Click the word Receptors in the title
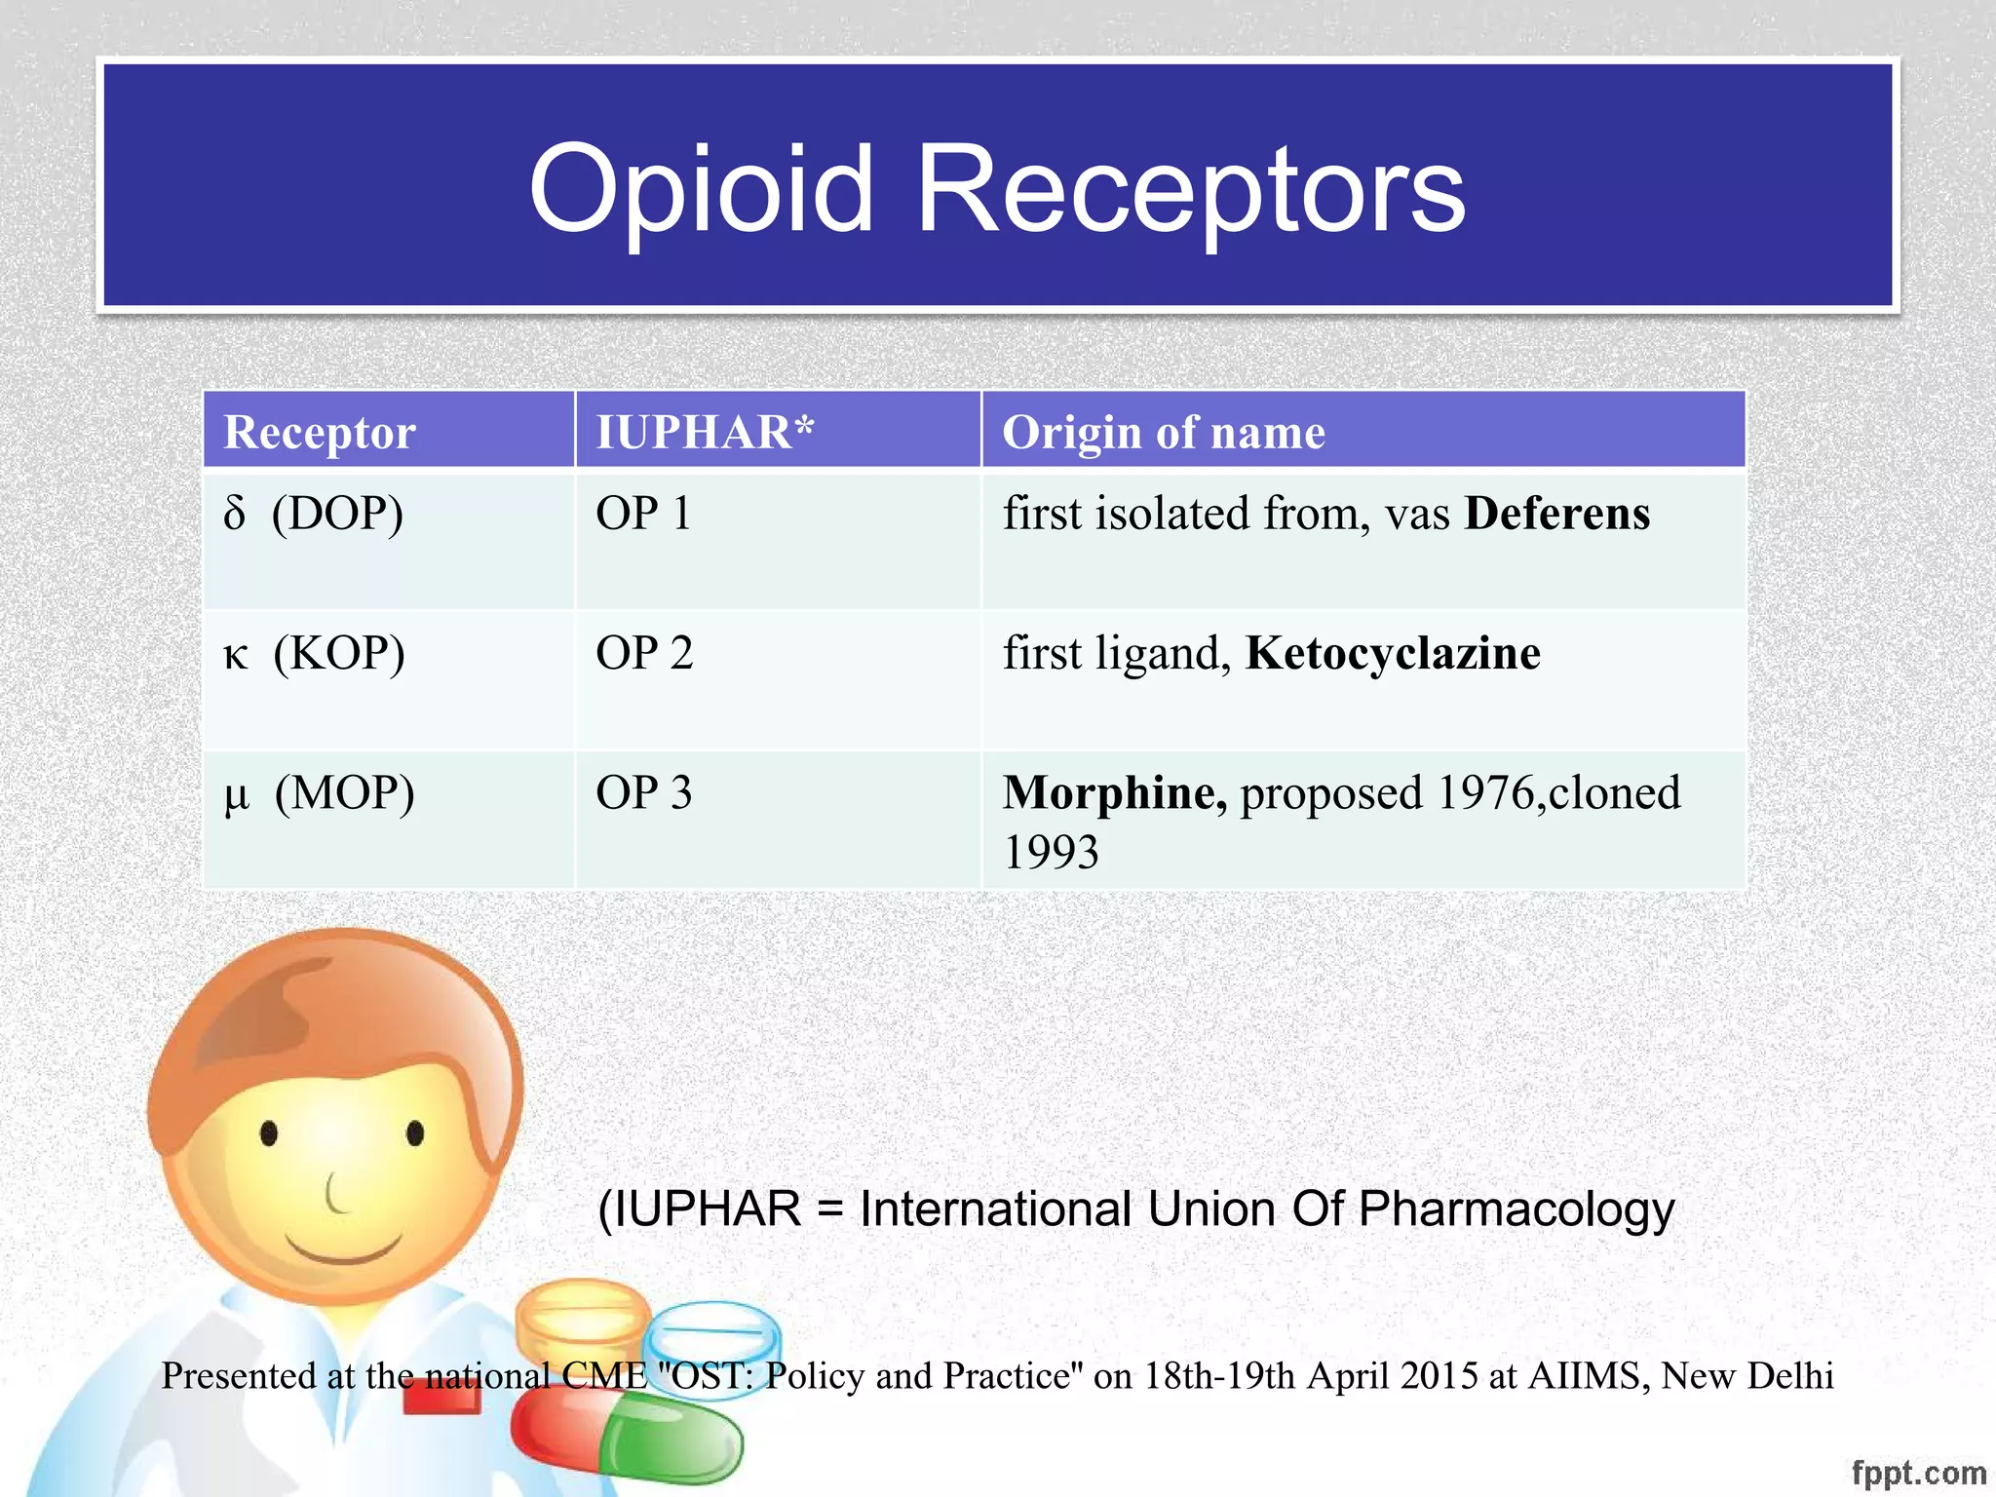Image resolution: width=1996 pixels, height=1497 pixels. (1191, 191)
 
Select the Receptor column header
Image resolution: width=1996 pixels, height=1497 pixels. (320, 432)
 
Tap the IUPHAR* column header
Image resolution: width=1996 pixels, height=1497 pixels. (705, 432)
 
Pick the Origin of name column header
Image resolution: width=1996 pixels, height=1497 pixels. (1164, 432)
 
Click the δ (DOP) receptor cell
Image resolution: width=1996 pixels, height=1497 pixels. (314, 514)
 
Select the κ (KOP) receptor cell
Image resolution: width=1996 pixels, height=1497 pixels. (314, 653)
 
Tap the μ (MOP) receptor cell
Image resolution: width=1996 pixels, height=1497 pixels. (320, 793)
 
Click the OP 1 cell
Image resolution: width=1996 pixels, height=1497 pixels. (643, 514)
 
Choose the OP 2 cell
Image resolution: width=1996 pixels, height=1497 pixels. (644, 653)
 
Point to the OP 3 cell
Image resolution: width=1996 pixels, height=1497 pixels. (644, 793)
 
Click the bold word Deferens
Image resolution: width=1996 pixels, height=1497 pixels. (1557, 514)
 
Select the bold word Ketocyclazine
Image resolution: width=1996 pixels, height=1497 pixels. (1393, 653)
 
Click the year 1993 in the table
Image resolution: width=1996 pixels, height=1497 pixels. (1051, 853)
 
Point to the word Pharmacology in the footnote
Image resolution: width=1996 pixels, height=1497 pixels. (1516, 1209)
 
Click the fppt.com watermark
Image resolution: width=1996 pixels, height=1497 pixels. (1918, 1472)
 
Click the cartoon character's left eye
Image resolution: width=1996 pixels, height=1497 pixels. (269, 1133)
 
